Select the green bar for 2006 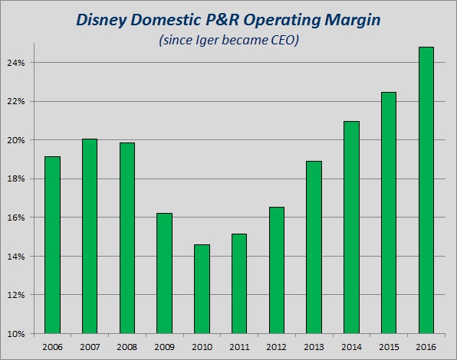(52, 245)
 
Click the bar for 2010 (202, 289)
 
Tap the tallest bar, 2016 (426, 190)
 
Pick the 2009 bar (164, 273)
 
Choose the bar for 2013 (314, 247)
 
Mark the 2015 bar (389, 213)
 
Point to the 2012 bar (277, 270)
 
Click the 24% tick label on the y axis (16, 63)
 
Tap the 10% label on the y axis (16, 334)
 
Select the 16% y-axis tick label (16, 218)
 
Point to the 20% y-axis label (16, 140)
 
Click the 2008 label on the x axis (127, 347)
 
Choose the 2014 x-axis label (351, 347)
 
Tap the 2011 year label (239, 347)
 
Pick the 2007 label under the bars (90, 347)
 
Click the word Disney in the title (102, 21)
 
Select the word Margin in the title (353, 21)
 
